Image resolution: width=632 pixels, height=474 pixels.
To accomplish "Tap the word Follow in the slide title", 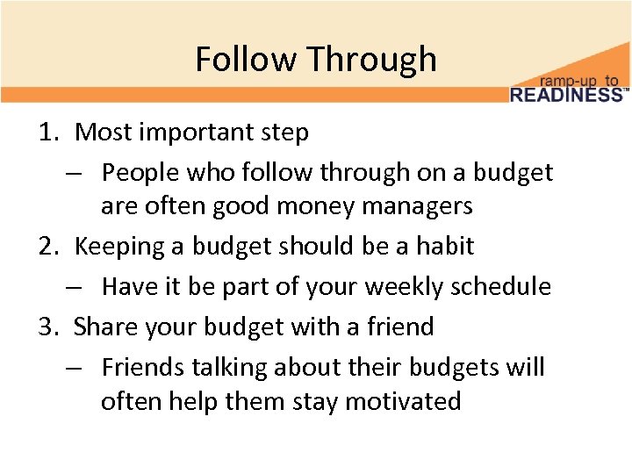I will (247, 60).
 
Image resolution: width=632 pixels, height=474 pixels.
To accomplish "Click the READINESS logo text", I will (566, 94).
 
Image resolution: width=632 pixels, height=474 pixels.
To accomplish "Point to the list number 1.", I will (47, 133).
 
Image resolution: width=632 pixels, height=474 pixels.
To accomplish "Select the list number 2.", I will (47, 247).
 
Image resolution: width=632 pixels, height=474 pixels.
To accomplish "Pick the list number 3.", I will (47, 327).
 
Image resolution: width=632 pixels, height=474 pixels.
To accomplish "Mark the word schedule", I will (504, 287).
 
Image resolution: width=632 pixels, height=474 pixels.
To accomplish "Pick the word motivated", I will (403, 402).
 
